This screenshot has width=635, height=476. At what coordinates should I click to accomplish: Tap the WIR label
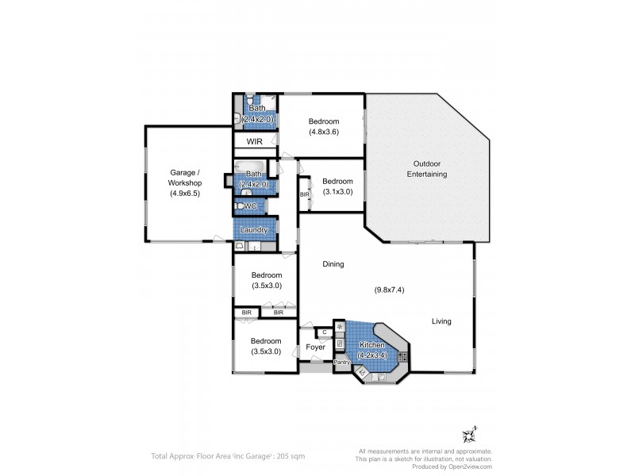254,141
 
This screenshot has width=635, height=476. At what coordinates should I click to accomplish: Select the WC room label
250,206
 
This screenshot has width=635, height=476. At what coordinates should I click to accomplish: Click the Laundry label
254,230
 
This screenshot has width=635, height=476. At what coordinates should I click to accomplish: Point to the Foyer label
316,347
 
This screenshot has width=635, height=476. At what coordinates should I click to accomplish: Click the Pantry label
341,362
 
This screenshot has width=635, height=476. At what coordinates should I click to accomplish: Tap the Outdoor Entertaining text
427,168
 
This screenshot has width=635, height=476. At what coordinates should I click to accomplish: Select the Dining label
333,264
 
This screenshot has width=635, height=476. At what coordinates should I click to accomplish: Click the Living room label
441,321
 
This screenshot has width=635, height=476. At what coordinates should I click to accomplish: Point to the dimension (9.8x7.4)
390,290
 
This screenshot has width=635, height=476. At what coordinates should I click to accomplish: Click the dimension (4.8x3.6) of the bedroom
324,132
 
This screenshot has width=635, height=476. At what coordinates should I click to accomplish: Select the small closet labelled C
325,332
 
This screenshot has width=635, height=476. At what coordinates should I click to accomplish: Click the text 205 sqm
291,456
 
